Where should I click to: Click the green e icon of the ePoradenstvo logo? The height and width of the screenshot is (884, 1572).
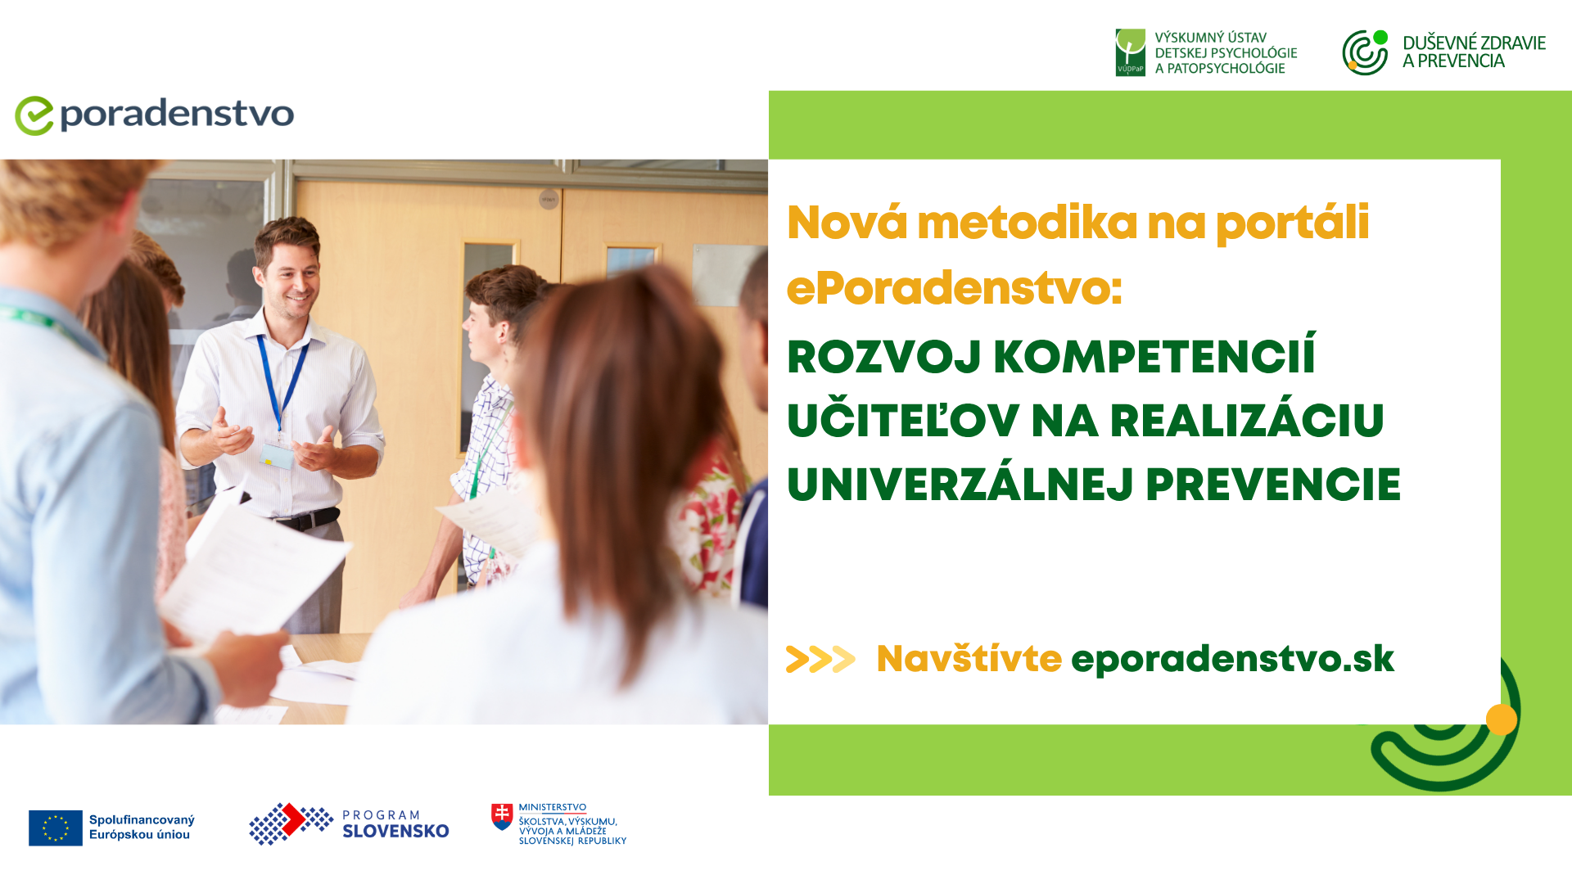coord(34,115)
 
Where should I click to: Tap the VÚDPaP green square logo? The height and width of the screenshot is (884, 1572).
coord(1130,52)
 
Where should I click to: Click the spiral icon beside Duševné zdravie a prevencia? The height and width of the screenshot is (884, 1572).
coord(1365,52)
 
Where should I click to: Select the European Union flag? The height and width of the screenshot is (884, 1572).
coord(56,828)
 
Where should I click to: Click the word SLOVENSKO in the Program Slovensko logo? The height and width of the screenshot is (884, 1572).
coord(395,832)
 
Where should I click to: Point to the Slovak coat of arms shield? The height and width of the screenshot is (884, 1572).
coord(502,817)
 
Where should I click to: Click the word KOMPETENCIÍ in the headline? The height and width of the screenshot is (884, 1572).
coord(1154,357)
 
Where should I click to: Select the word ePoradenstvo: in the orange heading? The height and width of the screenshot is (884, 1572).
coord(955,288)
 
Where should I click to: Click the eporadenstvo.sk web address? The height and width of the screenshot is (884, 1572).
coord(1232,659)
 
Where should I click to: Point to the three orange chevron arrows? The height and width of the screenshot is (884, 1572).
coord(820,659)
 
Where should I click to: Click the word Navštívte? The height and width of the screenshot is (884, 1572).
coord(969,658)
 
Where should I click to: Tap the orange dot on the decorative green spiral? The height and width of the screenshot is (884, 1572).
coord(1502,719)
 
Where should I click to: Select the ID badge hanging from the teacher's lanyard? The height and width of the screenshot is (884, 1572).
coord(277,455)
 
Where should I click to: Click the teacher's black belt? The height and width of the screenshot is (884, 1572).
coord(308,518)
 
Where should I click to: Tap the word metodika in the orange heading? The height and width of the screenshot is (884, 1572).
coord(1027,223)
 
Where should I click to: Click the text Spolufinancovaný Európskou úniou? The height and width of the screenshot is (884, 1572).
coord(142,828)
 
